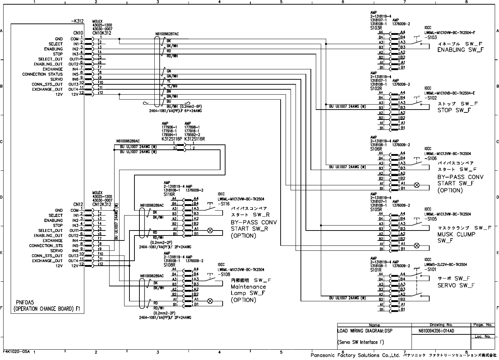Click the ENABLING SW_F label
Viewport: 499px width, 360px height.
click(460, 50)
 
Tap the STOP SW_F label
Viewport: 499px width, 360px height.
click(454, 110)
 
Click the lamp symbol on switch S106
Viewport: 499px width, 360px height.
click(417, 185)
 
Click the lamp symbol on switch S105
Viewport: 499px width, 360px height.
click(417, 246)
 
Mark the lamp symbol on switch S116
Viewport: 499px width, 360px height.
click(210, 231)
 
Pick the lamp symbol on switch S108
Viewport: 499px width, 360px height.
click(210, 301)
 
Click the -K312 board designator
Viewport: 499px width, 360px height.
click(77, 21)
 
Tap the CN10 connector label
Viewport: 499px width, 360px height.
click(78, 33)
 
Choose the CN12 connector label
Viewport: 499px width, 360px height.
click(78, 205)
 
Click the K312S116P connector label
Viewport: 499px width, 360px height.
click(172, 139)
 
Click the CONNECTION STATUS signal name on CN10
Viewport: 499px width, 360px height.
click(42, 74)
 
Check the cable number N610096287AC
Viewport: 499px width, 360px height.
click(167, 34)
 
